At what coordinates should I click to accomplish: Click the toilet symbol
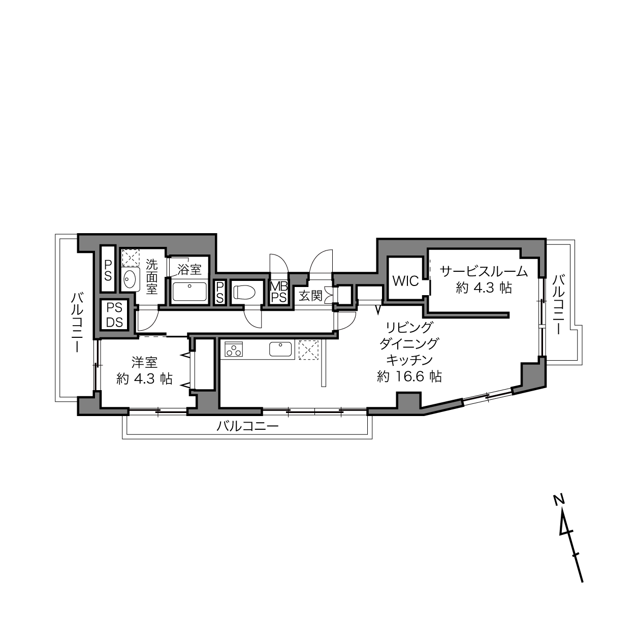coord(244,292)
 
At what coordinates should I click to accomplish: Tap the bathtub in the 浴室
coord(190,292)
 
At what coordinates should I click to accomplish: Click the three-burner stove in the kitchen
coord(234,349)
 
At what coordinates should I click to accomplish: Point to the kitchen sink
coord(280,349)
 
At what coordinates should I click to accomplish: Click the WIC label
coord(405,281)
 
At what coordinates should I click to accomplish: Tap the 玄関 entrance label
coord(310,296)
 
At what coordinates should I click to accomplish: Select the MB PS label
coord(279,292)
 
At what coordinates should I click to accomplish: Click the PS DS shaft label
coord(114,315)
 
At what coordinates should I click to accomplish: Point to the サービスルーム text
coord(484,272)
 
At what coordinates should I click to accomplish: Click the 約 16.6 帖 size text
coord(409,376)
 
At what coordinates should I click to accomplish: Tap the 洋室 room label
coord(145,362)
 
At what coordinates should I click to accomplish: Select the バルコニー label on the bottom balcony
coord(247,426)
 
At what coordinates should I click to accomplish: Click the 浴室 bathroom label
coord(189,270)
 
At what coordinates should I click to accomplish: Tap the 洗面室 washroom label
coord(152,276)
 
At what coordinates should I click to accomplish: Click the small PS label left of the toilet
coord(220,292)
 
